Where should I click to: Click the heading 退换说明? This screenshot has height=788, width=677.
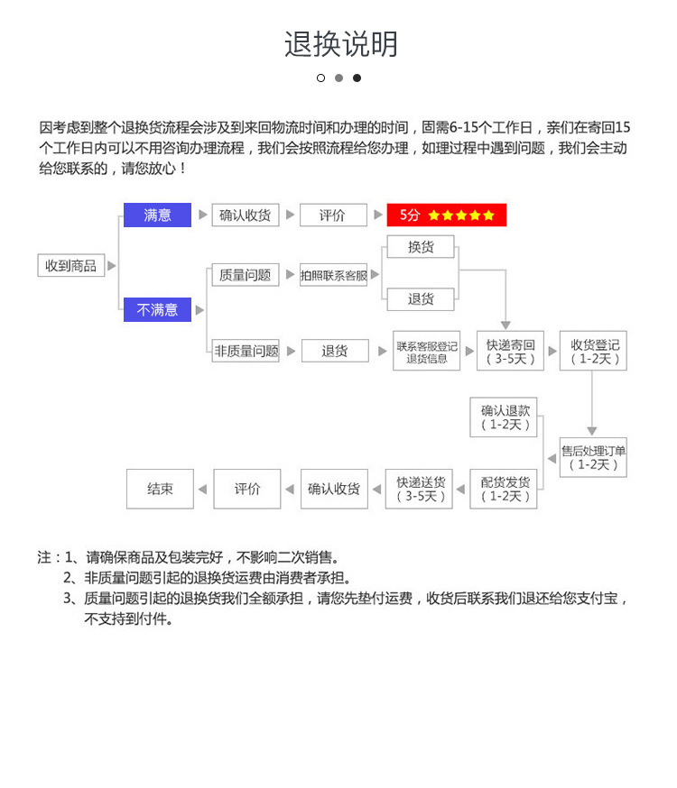pyautogui.click(x=340, y=43)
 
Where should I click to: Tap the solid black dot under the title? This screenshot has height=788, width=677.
pyautogui.click(x=357, y=78)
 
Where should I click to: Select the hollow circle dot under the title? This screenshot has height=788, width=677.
pyautogui.click(x=320, y=78)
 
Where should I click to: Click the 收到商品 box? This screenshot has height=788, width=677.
pyautogui.click(x=71, y=266)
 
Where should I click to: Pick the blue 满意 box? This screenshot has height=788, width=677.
pyautogui.click(x=157, y=215)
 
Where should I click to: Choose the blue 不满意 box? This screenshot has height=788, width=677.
pyautogui.click(x=157, y=309)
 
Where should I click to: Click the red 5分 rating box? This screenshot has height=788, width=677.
pyautogui.click(x=446, y=215)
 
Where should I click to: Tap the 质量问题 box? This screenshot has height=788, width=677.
pyautogui.click(x=245, y=275)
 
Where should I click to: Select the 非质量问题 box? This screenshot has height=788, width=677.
pyautogui.click(x=246, y=351)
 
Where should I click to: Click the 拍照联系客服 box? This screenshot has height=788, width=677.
pyautogui.click(x=334, y=275)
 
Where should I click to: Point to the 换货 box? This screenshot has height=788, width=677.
pyautogui.click(x=421, y=246)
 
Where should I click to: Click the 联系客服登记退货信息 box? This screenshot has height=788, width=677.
pyautogui.click(x=426, y=351)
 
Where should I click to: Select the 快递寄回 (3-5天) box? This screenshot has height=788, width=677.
pyautogui.click(x=510, y=351)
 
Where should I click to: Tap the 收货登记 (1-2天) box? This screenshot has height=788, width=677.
pyautogui.click(x=593, y=351)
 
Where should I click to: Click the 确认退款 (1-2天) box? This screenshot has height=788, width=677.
pyautogui.click(x=504, y=417)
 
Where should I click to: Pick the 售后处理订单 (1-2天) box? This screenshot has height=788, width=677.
pyautogui.click(x=593, y=457)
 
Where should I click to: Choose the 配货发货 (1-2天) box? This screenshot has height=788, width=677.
pyautogui.click(x=504, y=489)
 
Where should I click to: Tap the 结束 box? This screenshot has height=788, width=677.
pyautogui.click(x=160, y=489)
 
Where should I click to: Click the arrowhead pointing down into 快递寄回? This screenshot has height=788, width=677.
pyautogui.click(x=505, y=325)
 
